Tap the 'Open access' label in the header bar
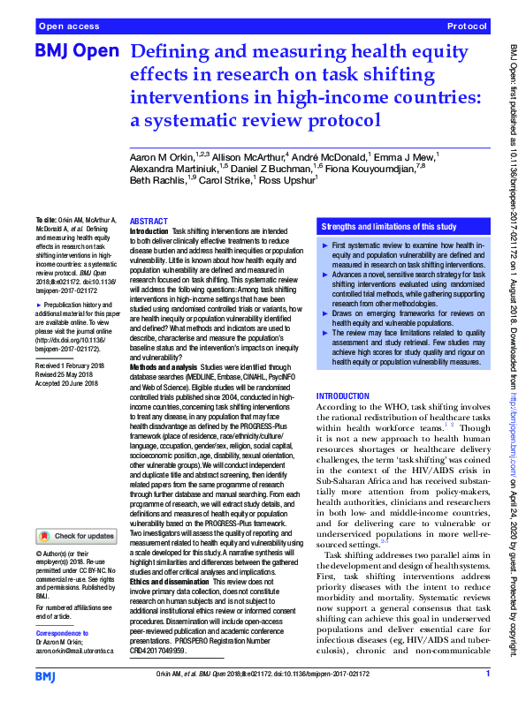coord(68,27)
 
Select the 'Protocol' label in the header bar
coord(469,27)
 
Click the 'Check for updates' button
coord(77,536)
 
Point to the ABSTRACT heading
coord(148,221)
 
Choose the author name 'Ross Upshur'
coord(286,180)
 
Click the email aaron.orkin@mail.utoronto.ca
coord(75,650)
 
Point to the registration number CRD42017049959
coord(158,650)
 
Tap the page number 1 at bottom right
coord(488,675)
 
